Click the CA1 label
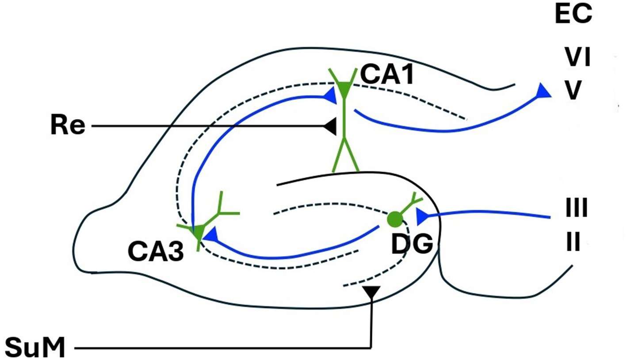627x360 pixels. point(387,75)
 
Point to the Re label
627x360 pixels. point(67,126)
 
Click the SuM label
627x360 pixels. point(35,348)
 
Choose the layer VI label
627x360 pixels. point(577,58)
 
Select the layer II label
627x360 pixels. point(573,243)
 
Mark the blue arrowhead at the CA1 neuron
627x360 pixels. point(330,94)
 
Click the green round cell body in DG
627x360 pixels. point(394,218)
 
